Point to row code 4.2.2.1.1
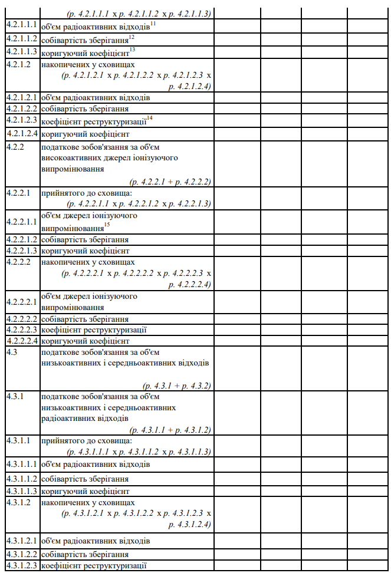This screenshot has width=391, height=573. tap(22, 221)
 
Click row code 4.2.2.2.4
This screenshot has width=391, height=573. tap(22, 341)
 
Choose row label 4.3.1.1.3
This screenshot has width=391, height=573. tap(22, 491)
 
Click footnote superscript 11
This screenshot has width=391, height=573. tap(153, 23)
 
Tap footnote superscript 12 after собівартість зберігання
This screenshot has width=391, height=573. tap(132, 37)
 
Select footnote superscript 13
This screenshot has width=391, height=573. tap(133, 49)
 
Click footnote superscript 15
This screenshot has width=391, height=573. tap(107, 225)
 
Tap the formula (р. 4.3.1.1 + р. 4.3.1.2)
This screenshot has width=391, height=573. tap(170, 430)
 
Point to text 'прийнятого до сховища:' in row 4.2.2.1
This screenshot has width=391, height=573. tap(87, 193)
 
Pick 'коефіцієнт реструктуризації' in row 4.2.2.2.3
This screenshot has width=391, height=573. tap(94, 330)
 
